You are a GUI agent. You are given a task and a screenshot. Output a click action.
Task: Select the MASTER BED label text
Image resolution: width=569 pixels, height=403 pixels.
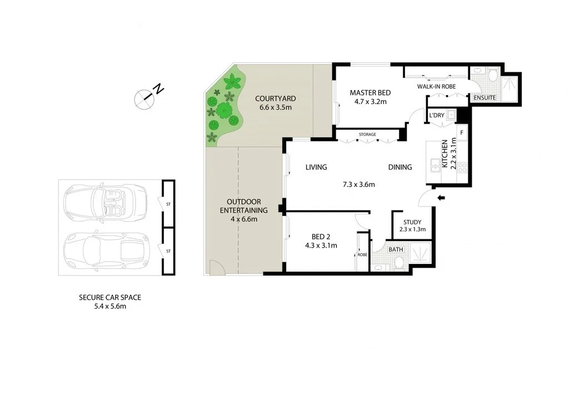coord(370,93)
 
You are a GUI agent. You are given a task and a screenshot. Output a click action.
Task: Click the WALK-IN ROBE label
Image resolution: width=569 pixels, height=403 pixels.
coord(436,87)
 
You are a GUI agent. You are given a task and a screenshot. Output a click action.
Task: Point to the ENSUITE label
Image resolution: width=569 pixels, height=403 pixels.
coord(484,98)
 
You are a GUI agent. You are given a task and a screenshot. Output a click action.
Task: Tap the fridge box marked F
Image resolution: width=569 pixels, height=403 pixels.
coord(462,133)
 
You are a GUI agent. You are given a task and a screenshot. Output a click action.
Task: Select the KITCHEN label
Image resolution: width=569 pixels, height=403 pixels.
coord(445,154)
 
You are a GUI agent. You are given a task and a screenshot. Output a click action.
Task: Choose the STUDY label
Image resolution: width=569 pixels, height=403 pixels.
coord(412,222)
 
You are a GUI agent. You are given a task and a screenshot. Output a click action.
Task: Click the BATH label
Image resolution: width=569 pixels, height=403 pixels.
coord(396,249)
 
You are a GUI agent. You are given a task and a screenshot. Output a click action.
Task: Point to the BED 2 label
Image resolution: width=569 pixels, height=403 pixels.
coord(320,236)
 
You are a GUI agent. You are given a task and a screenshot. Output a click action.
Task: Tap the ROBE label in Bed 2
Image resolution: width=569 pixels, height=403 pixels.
coord(362,254)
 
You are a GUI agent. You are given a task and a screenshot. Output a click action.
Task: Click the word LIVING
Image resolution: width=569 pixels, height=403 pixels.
coord(316,167)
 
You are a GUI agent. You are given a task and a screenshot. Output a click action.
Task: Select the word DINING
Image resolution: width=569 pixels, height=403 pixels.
coord(400,167)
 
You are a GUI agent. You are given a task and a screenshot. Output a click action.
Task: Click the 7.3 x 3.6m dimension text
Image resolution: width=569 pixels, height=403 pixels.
coord(358,184)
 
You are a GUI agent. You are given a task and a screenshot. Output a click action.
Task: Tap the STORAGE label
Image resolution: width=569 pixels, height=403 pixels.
coord(367,135)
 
